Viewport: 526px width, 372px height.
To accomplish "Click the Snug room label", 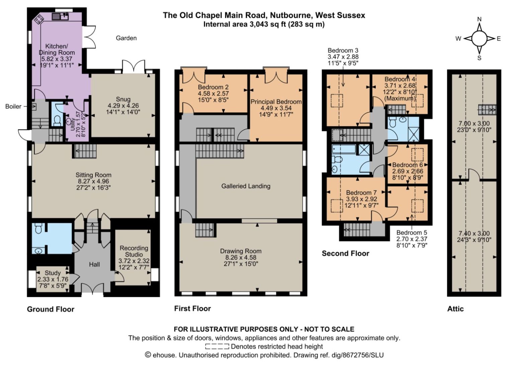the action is [123, 99].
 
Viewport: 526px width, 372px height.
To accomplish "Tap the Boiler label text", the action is [13, 107].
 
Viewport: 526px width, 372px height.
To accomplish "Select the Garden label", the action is [126, 38].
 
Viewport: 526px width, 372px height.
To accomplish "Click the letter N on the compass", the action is [479, 19].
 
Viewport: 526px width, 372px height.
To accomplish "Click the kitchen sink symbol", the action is [60, 16].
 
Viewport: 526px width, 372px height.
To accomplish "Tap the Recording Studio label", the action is [134, 251].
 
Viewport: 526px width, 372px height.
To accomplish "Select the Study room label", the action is [53, 273].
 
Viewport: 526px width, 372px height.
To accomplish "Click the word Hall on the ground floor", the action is [94, 264].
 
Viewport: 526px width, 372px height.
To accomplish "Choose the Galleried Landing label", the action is [246, 186].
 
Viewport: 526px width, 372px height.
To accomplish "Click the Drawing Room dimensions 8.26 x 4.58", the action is [241, 257].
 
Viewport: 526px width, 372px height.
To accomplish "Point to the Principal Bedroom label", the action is [276, 102].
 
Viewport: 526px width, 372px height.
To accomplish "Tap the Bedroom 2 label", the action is [213, 87].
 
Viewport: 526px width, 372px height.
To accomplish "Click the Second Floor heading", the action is [345, 253].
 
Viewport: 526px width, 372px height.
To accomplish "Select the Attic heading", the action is [455, 309].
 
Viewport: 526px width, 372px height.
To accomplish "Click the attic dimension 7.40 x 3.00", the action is [474, 234].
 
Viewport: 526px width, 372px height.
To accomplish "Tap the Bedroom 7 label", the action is [361, 193].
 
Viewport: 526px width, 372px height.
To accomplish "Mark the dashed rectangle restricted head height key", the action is [217, 347].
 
